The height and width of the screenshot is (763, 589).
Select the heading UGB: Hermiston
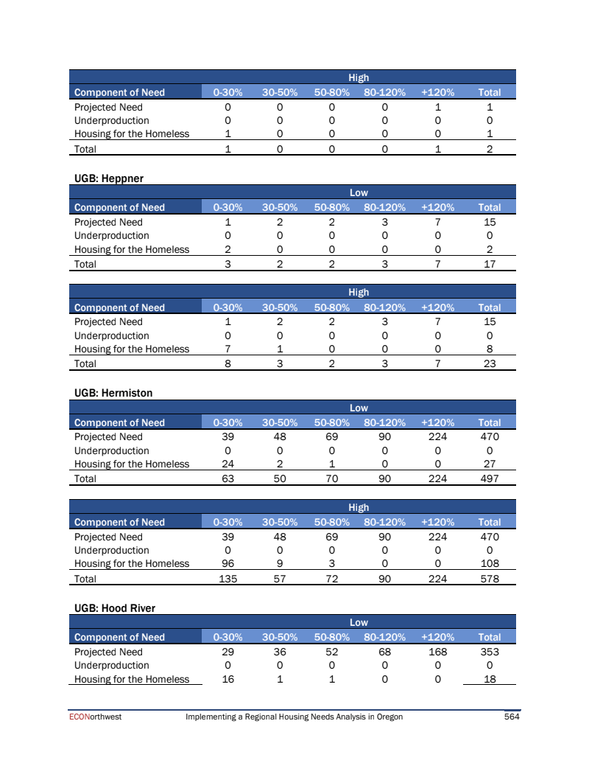113,394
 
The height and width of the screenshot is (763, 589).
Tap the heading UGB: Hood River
115,608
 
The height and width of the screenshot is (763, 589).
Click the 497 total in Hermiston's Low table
489,478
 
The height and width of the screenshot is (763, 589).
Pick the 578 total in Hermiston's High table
489,579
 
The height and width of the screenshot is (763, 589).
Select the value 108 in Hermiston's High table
489,564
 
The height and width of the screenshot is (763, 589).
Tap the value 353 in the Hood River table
489,652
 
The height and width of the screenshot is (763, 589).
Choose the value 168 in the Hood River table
437,652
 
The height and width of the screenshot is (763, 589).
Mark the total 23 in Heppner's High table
489,363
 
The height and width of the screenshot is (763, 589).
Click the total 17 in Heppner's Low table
489,264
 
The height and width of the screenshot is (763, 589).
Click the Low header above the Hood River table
359,623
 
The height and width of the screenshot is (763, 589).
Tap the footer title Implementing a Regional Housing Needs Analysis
294,717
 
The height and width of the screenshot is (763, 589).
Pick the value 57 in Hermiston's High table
280,579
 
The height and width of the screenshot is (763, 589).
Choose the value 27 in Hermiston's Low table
489,464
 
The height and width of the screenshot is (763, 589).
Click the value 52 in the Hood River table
331,652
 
